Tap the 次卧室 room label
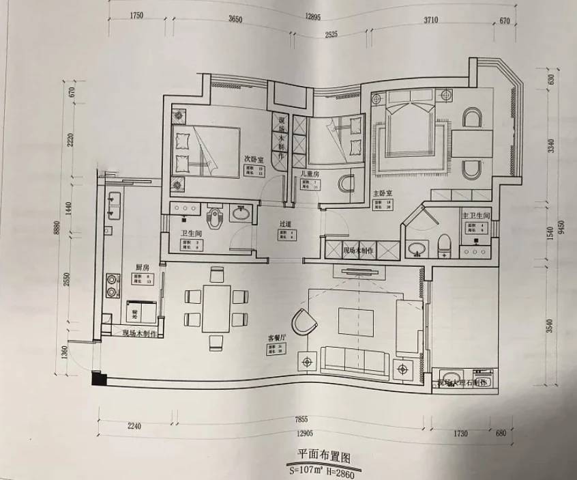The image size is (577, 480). click(x=254, y=158)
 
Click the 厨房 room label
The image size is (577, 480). click(x=142, y=267)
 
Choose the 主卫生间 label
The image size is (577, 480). click(x=476, y=216)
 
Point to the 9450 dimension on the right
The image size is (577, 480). click(x=561, y=226)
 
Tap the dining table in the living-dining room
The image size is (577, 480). click(x=217, y=308)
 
